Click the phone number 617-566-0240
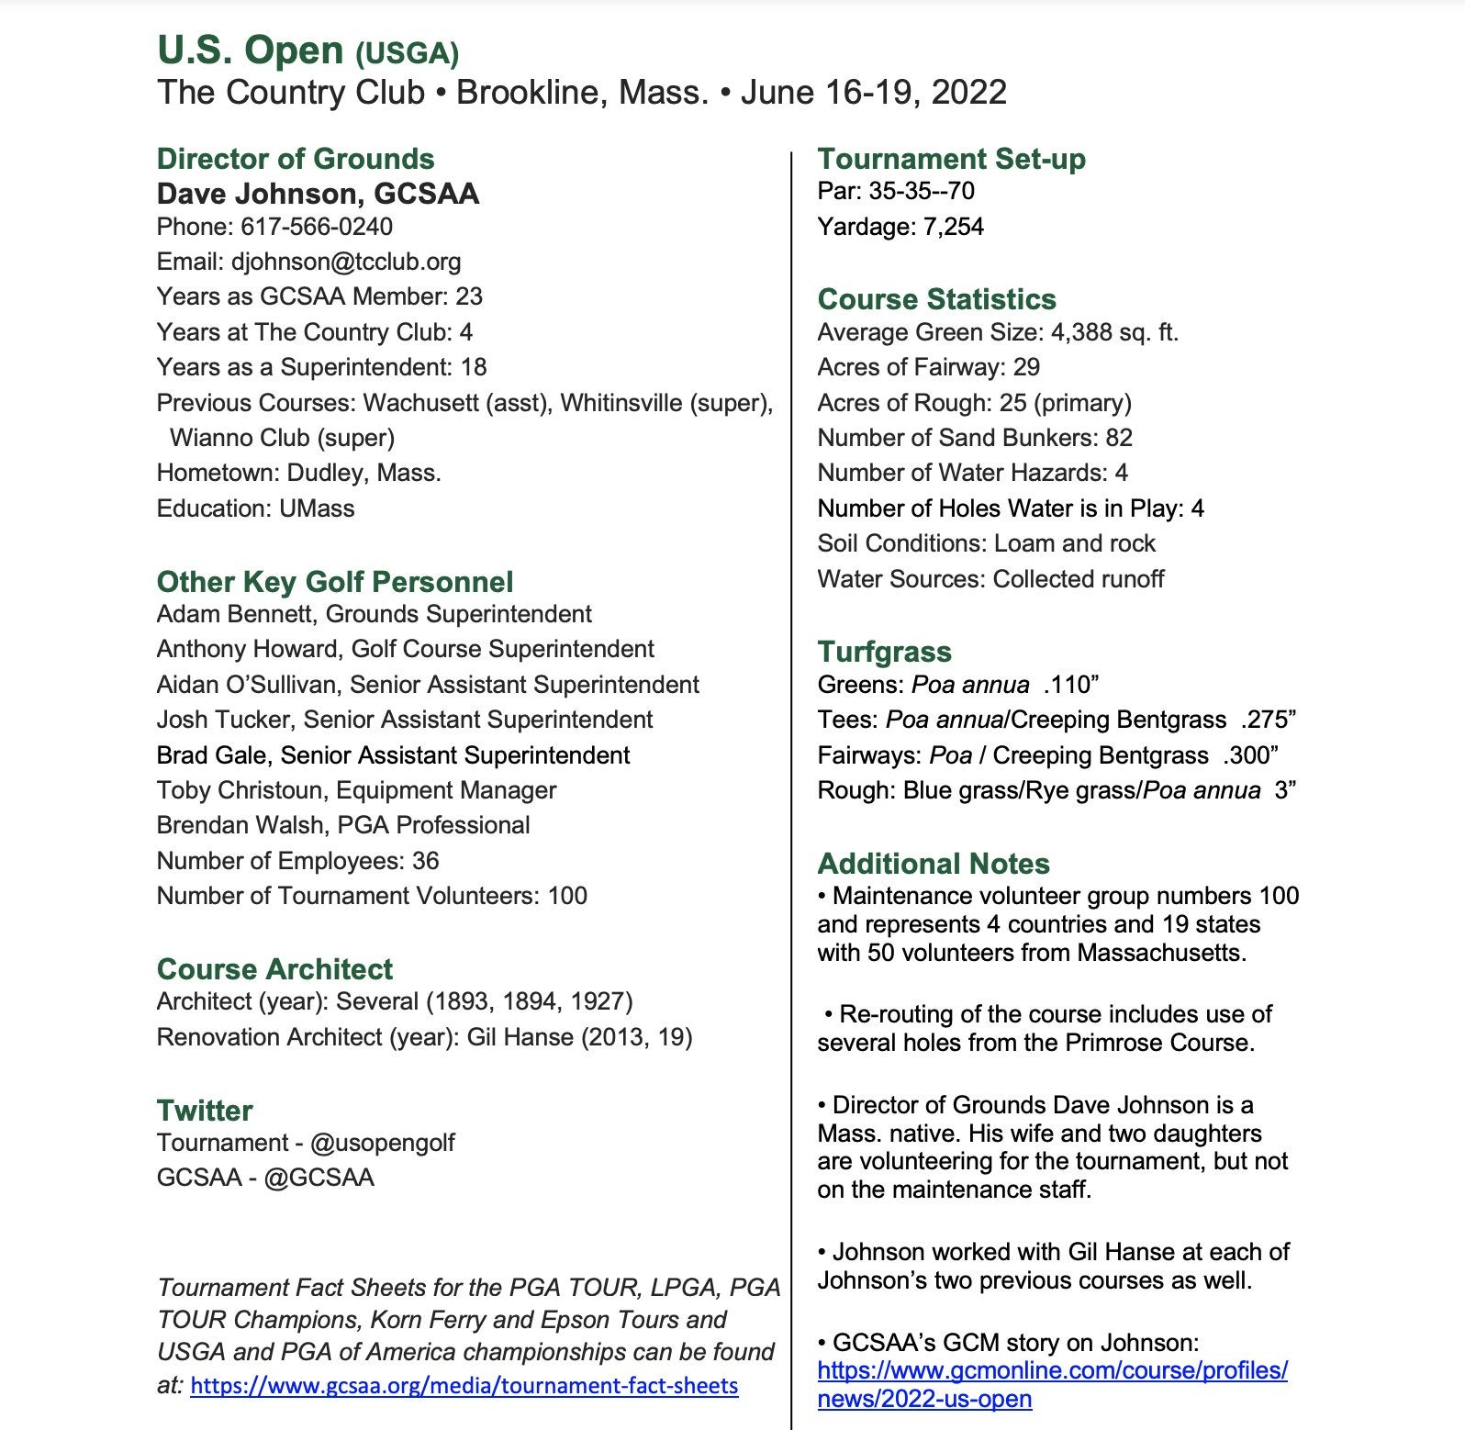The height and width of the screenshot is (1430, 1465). (x=316, y=227)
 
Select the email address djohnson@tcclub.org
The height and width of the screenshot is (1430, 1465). (x=346, y=262)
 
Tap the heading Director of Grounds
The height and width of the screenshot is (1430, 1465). (x=296, y=159)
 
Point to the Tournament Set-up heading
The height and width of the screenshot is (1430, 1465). (x=951, y=159)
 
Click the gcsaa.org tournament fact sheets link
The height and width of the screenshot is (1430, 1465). (x=464, y=1385)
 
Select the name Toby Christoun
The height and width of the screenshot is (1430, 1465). (x=239, y=790)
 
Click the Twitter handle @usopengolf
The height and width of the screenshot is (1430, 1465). (x=382, y=1143)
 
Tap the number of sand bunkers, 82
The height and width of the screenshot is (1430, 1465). (x=1119, y=438)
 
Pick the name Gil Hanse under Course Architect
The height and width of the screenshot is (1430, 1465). (x=521, y=1037)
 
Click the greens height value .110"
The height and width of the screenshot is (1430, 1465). (x=1071, y=685)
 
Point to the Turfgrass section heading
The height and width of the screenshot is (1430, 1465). (x=884, y=652)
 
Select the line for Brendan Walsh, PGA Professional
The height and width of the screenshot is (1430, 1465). (x=343, y=825)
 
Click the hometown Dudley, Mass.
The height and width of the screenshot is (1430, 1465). (x=363, y=473)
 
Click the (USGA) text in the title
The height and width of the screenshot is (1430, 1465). (x=407, y=54)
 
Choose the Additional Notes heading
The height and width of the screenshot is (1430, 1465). (x=934, y=864)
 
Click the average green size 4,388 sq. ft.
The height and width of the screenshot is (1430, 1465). (x=1114, y=332)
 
